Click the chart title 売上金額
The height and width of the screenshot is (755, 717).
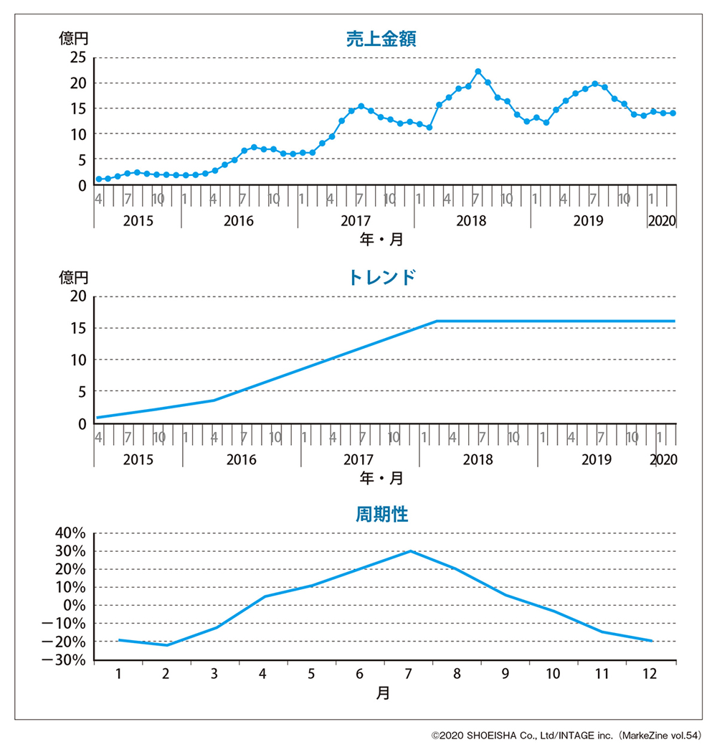point(381,39)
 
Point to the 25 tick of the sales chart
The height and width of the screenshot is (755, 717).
point(78,58)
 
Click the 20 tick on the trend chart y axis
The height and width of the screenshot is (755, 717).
point(78,296)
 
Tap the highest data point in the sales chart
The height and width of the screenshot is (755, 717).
point(478,72)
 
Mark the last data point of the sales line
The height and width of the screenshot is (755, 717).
point(673,113)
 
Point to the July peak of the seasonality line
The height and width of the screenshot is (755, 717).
point(410,551)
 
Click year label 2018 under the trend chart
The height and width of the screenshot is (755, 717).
point(478,459)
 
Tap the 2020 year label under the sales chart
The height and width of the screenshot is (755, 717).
point(662,220)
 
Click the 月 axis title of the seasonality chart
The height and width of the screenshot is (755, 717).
point(384,694)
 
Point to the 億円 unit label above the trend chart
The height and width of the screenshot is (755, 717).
point(73,276)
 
